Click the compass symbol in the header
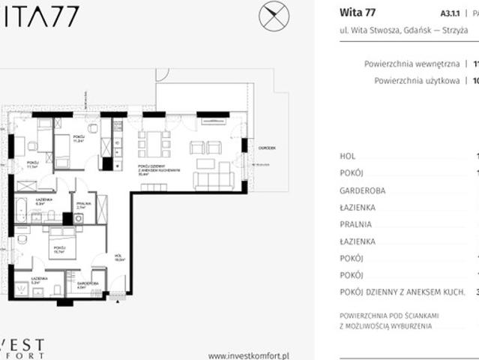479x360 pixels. point(273,16)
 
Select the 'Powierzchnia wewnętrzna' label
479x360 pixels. point(412,64)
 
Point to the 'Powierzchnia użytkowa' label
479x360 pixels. point(416,81)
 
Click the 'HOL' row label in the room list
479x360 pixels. point(347,155)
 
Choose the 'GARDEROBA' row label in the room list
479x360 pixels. point(362,190)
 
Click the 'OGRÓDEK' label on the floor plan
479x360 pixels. point(266,148)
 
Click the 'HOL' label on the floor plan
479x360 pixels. point(117,256)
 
